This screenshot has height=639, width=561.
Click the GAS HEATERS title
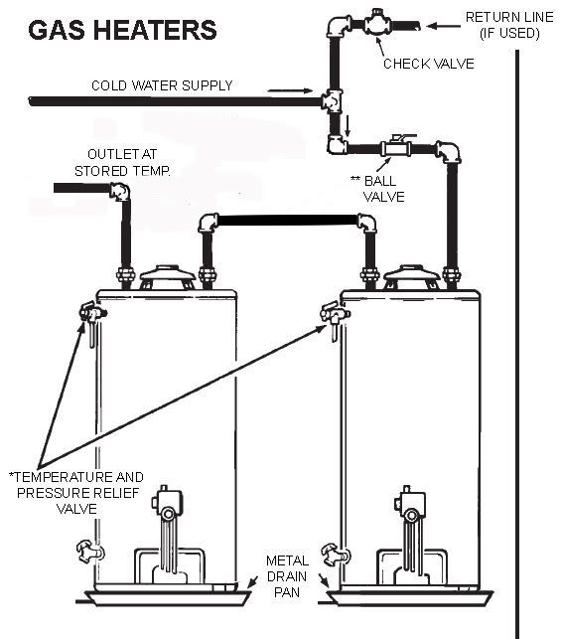122,30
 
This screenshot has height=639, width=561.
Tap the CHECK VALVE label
429,64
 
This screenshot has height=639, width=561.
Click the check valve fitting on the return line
377,23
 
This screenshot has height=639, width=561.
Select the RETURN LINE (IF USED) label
509,25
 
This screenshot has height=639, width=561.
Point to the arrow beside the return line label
444,26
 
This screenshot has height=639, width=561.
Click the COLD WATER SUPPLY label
162,85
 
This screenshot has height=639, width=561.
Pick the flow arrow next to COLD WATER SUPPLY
290,90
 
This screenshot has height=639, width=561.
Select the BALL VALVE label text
379,189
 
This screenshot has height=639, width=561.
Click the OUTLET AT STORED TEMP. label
122,162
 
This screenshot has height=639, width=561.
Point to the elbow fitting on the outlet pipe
120,192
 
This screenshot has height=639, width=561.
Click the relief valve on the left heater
93,316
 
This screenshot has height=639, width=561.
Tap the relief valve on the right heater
335,316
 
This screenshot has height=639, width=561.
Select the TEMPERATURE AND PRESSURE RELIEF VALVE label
76,493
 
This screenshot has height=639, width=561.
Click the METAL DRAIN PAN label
287,576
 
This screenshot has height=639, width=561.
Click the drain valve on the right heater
336,555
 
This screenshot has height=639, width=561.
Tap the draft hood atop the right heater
412,278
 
